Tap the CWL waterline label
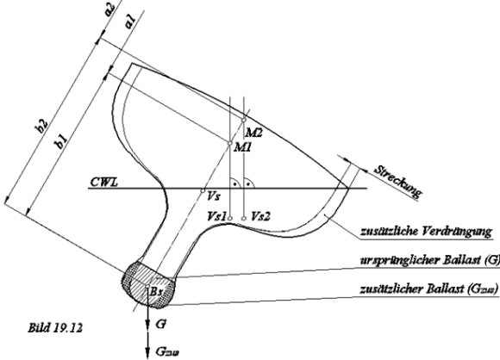(103, 183)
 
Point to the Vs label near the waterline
(212, 196)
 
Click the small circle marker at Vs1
(230, 219)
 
